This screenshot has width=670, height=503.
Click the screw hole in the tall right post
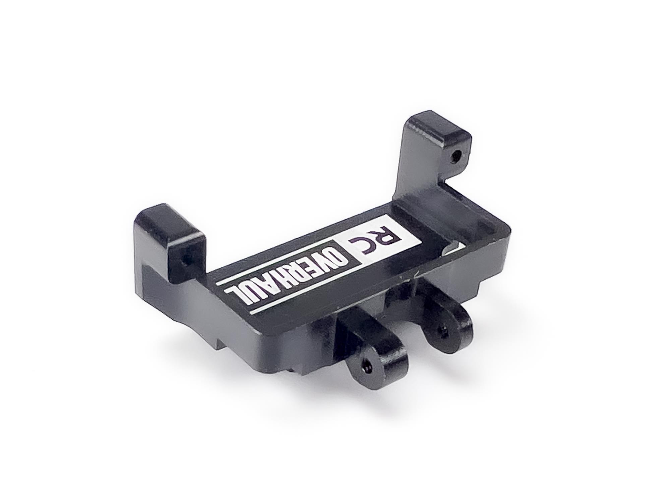click(455, 155)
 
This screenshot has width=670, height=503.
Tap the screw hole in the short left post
click(184, 260)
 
